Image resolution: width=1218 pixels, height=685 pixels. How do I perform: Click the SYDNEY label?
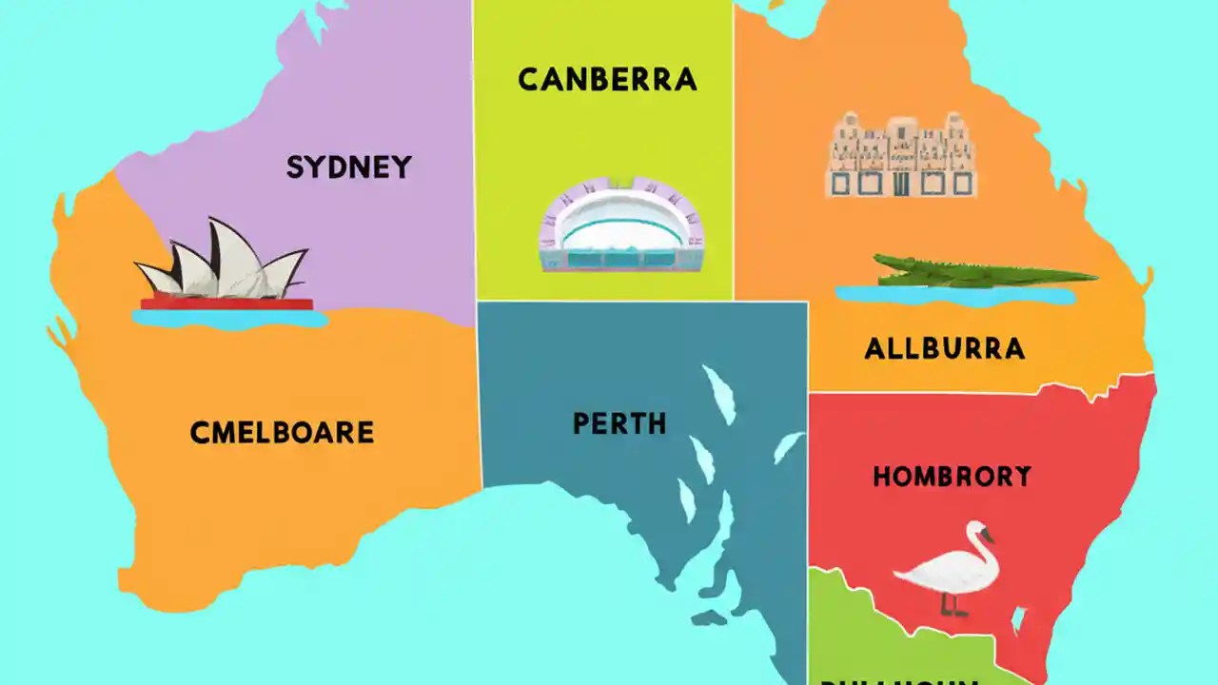(x=348, y=167)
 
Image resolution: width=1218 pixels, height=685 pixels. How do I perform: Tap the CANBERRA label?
(x=607, y=80)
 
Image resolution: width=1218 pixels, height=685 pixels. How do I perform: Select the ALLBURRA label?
(x=944, y=349)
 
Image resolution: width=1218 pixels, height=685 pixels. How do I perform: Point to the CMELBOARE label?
(x=282, y=433)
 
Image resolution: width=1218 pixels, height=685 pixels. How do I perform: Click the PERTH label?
(x=619, y=423)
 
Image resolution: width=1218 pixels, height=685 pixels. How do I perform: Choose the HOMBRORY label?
(x=952, y=477)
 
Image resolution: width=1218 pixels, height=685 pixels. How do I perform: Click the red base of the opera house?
(x=226, y=304)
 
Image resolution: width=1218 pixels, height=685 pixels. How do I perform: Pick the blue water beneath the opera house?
(x=228, y=319)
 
